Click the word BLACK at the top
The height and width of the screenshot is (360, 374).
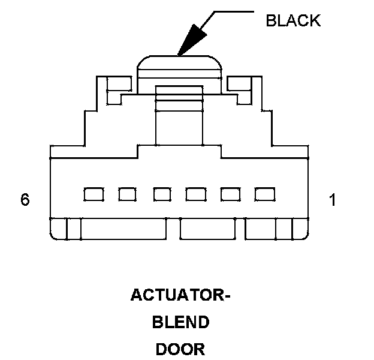click(293, 20)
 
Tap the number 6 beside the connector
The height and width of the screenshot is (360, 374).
click(25, 200)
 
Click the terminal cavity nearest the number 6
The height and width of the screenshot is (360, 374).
click(93, 194)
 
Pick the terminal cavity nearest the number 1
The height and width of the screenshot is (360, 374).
click(264, 194)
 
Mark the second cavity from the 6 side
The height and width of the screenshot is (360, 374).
click(127, 194)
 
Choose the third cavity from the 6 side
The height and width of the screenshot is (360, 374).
click(162, 194)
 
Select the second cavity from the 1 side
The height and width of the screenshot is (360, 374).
click(230, 194)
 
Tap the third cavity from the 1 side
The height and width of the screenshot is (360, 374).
click(195, 194)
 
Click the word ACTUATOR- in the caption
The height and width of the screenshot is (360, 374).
click(180, 296)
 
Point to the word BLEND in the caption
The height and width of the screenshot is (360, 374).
click(180, 323)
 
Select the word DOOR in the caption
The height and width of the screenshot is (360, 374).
click(180, 349)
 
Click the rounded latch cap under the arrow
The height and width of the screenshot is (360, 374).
click(179, 65)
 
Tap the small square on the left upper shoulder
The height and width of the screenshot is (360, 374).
click(119, 83)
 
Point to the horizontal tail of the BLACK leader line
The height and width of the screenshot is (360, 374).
click(234, 11)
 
